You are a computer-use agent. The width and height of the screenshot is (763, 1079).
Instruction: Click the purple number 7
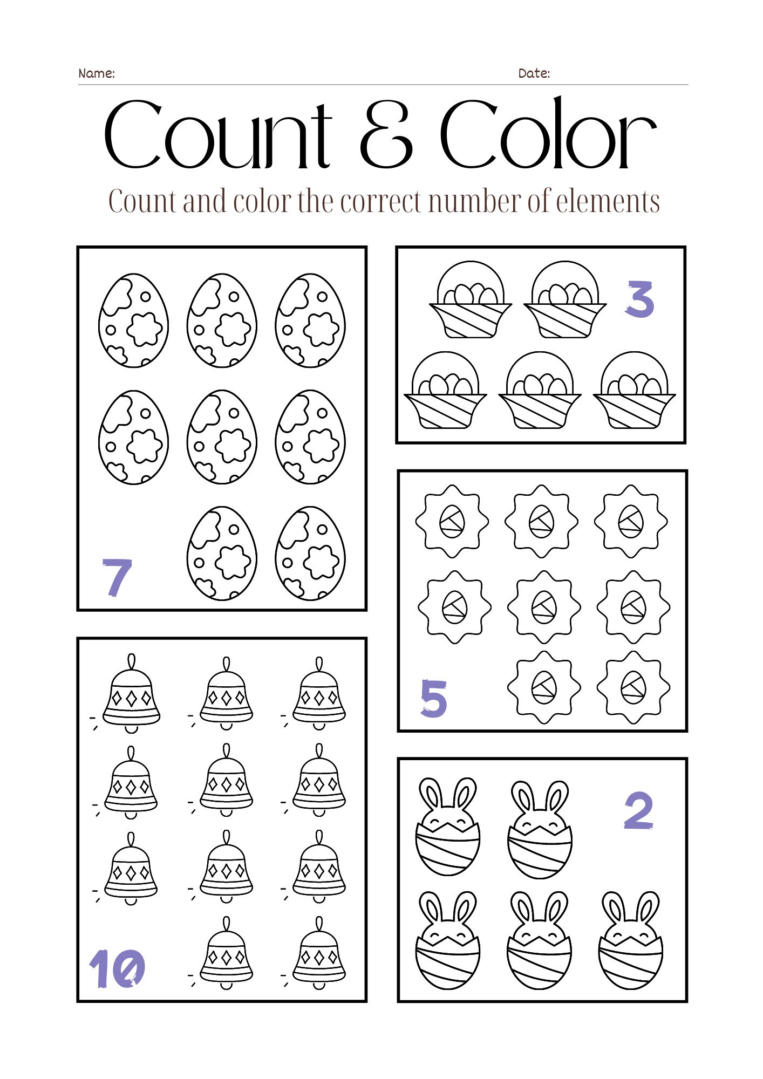pos(117,577)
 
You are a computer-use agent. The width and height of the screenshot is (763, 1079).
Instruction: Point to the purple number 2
pos(639,810)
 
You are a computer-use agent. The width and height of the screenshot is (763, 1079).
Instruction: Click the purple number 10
pos(117,969)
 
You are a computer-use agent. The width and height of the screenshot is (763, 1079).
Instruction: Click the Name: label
pos(97,73)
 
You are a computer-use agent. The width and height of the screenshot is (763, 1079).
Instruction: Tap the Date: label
pos(534,73)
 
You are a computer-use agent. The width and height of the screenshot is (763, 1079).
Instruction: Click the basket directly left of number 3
pos(565,301)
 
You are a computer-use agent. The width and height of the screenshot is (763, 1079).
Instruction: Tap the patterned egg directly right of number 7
pos(222,553)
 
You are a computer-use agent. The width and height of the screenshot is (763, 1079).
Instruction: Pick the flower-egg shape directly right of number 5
pos(543,687)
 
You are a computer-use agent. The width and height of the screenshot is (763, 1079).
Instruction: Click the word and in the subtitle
pos(205,202)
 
